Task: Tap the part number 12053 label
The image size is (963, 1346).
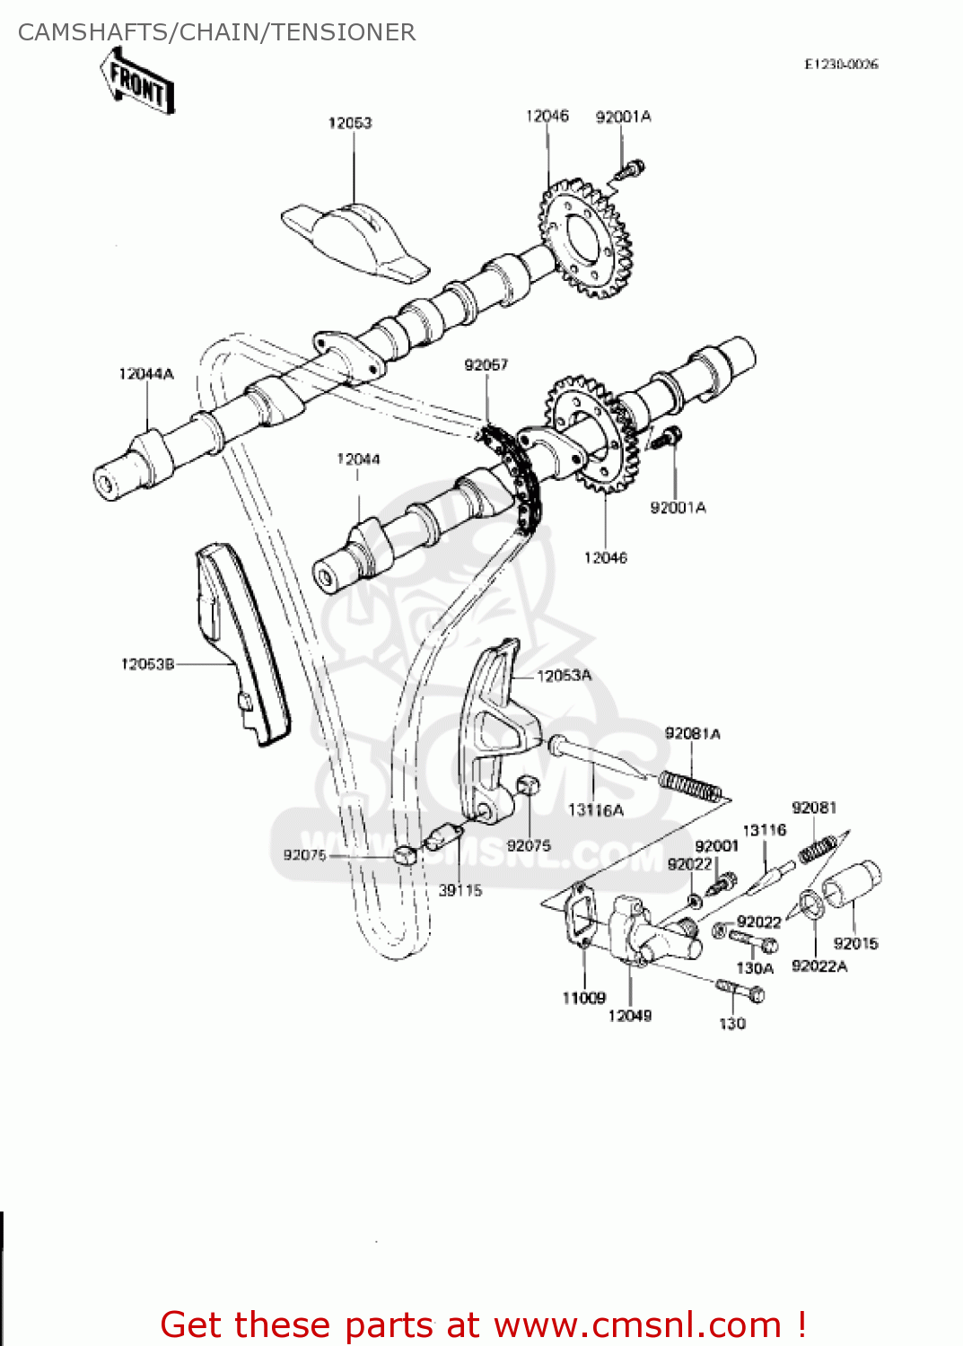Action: [350, 123]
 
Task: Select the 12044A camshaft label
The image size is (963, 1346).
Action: [146, 373]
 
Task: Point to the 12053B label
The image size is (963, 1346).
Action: [147, 664]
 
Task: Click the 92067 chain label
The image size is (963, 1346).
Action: [486, 364]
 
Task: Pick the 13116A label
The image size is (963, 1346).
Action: [595, 810]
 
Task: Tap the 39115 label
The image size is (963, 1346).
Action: [460, 890]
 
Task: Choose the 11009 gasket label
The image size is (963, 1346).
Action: [583, 998]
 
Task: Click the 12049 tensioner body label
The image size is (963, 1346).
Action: [630, 1016]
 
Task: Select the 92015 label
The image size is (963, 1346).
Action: [855, 943]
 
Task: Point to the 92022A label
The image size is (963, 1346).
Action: [819, 966]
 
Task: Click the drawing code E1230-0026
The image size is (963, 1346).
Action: [841, 65]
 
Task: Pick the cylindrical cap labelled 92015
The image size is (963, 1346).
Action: [853, 884]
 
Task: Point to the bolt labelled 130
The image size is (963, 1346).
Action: [741, 991]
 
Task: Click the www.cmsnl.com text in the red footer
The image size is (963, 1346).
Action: [637, 1324]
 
